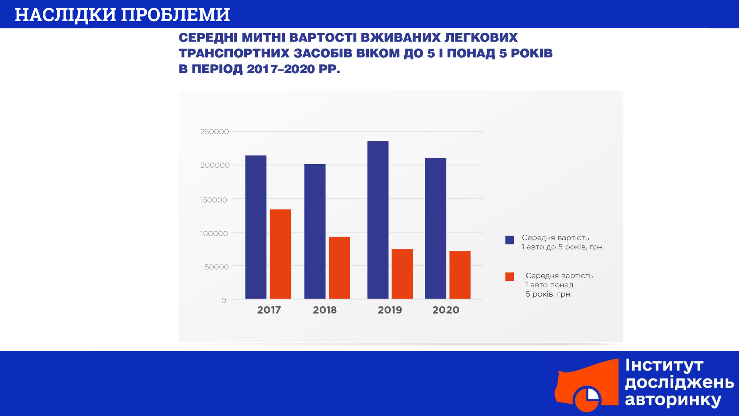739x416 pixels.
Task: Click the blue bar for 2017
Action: coord(256,227)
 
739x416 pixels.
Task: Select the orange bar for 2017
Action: coord(280,254)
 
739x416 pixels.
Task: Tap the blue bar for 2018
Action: coord(315,231)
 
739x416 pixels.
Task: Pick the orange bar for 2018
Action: coord(339,268)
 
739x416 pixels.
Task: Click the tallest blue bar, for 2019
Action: coord(378,220)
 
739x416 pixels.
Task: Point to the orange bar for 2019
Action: coord(402,274)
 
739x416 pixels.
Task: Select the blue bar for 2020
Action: coord(436,228)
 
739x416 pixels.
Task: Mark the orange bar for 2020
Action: coord(460,275)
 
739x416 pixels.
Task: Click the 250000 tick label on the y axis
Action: coord(214,132)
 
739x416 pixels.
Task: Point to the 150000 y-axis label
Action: coord(214,200)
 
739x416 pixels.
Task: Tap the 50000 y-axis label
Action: coord(217,267)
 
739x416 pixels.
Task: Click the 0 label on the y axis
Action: coord(224,300)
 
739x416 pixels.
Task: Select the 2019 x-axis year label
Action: coord(390,310)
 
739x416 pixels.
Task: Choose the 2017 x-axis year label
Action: coord(269,310)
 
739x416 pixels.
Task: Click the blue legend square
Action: coord(510,240)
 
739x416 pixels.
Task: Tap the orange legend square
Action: coord(510,277)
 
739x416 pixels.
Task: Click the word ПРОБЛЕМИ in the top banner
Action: coord(176,15)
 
